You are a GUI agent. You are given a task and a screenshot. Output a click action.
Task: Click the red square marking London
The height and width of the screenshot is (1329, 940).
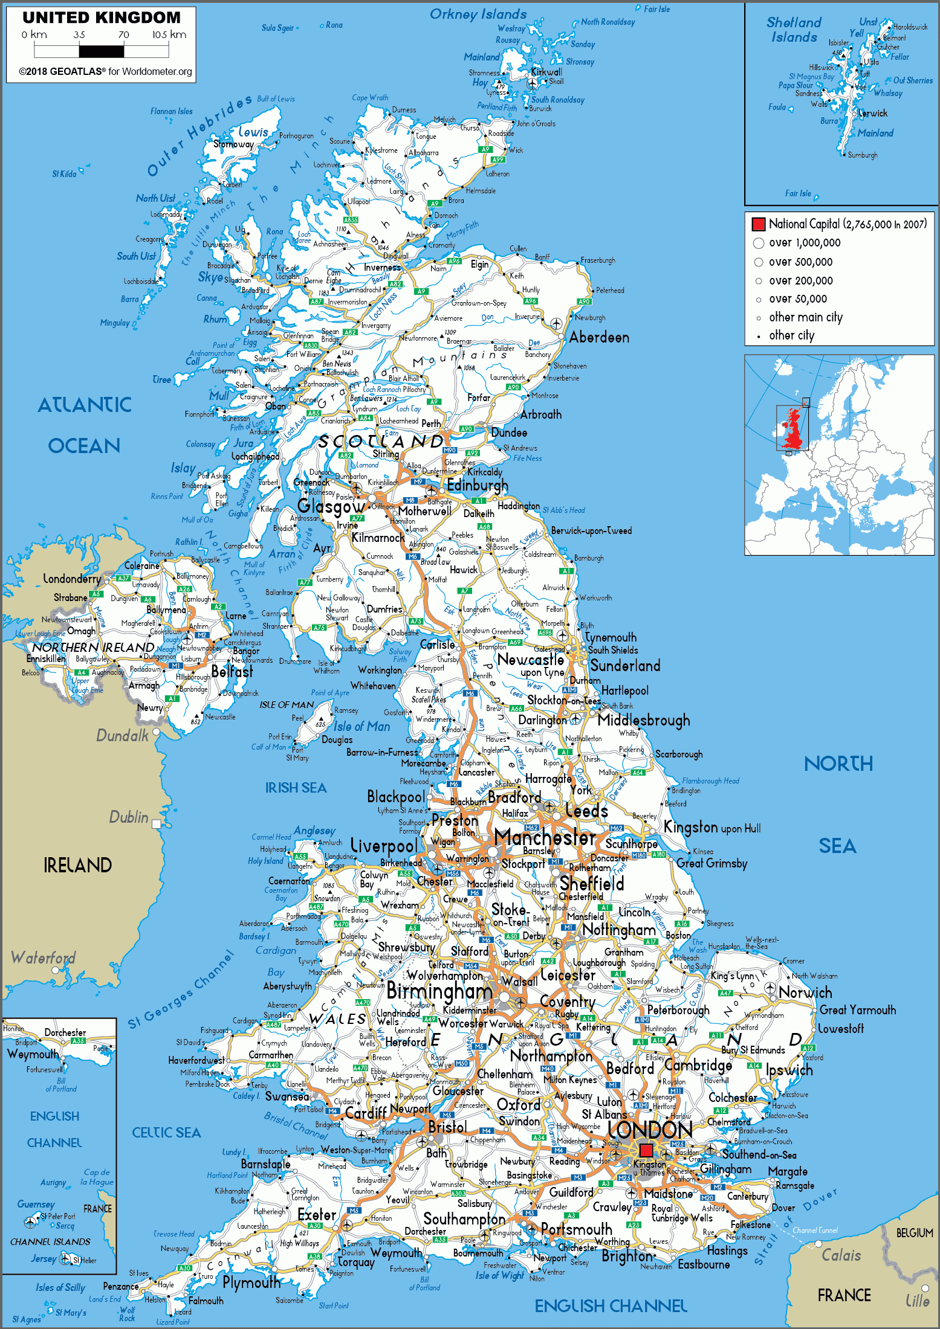(646, 1150)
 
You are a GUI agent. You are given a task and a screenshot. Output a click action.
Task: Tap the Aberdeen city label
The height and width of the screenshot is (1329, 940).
(598, 338)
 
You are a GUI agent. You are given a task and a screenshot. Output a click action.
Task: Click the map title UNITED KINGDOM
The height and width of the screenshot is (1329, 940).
(102, 18)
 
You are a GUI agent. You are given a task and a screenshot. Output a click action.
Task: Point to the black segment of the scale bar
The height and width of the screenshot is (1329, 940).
(101, 51)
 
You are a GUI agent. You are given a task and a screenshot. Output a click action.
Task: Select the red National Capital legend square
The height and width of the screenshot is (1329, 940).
(758, 224)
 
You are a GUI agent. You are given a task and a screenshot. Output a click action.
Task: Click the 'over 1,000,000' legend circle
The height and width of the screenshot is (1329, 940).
(759, 243)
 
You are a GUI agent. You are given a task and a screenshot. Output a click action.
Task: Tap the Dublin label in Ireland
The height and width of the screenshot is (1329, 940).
(128, 817)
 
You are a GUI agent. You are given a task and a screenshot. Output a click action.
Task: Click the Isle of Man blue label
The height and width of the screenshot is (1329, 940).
(361, 727)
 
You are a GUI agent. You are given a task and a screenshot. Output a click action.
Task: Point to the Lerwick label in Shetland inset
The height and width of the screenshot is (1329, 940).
(872, 113)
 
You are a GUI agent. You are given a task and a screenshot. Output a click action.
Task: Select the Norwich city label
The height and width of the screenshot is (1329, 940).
(805, 993)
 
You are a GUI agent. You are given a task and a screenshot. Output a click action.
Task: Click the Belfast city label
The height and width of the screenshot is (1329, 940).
(232, 672)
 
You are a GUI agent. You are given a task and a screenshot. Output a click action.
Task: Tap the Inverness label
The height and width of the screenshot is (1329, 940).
(382, 267)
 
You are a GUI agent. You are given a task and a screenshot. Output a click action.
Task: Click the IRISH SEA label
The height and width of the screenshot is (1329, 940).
(296, 788)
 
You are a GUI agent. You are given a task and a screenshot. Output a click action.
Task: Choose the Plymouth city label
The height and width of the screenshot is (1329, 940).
(251, 1282)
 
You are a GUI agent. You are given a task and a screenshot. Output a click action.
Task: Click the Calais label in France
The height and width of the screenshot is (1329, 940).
(841, 1255)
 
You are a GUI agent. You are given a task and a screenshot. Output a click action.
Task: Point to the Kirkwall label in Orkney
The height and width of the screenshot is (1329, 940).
(546, 72)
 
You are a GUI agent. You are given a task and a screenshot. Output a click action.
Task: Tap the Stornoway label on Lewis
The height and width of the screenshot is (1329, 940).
(233, 144)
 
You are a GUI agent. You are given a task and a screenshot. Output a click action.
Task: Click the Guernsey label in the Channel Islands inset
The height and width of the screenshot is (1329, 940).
(36, 1205)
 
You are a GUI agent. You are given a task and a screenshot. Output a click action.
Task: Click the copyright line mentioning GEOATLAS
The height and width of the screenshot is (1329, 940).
(105, 71)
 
